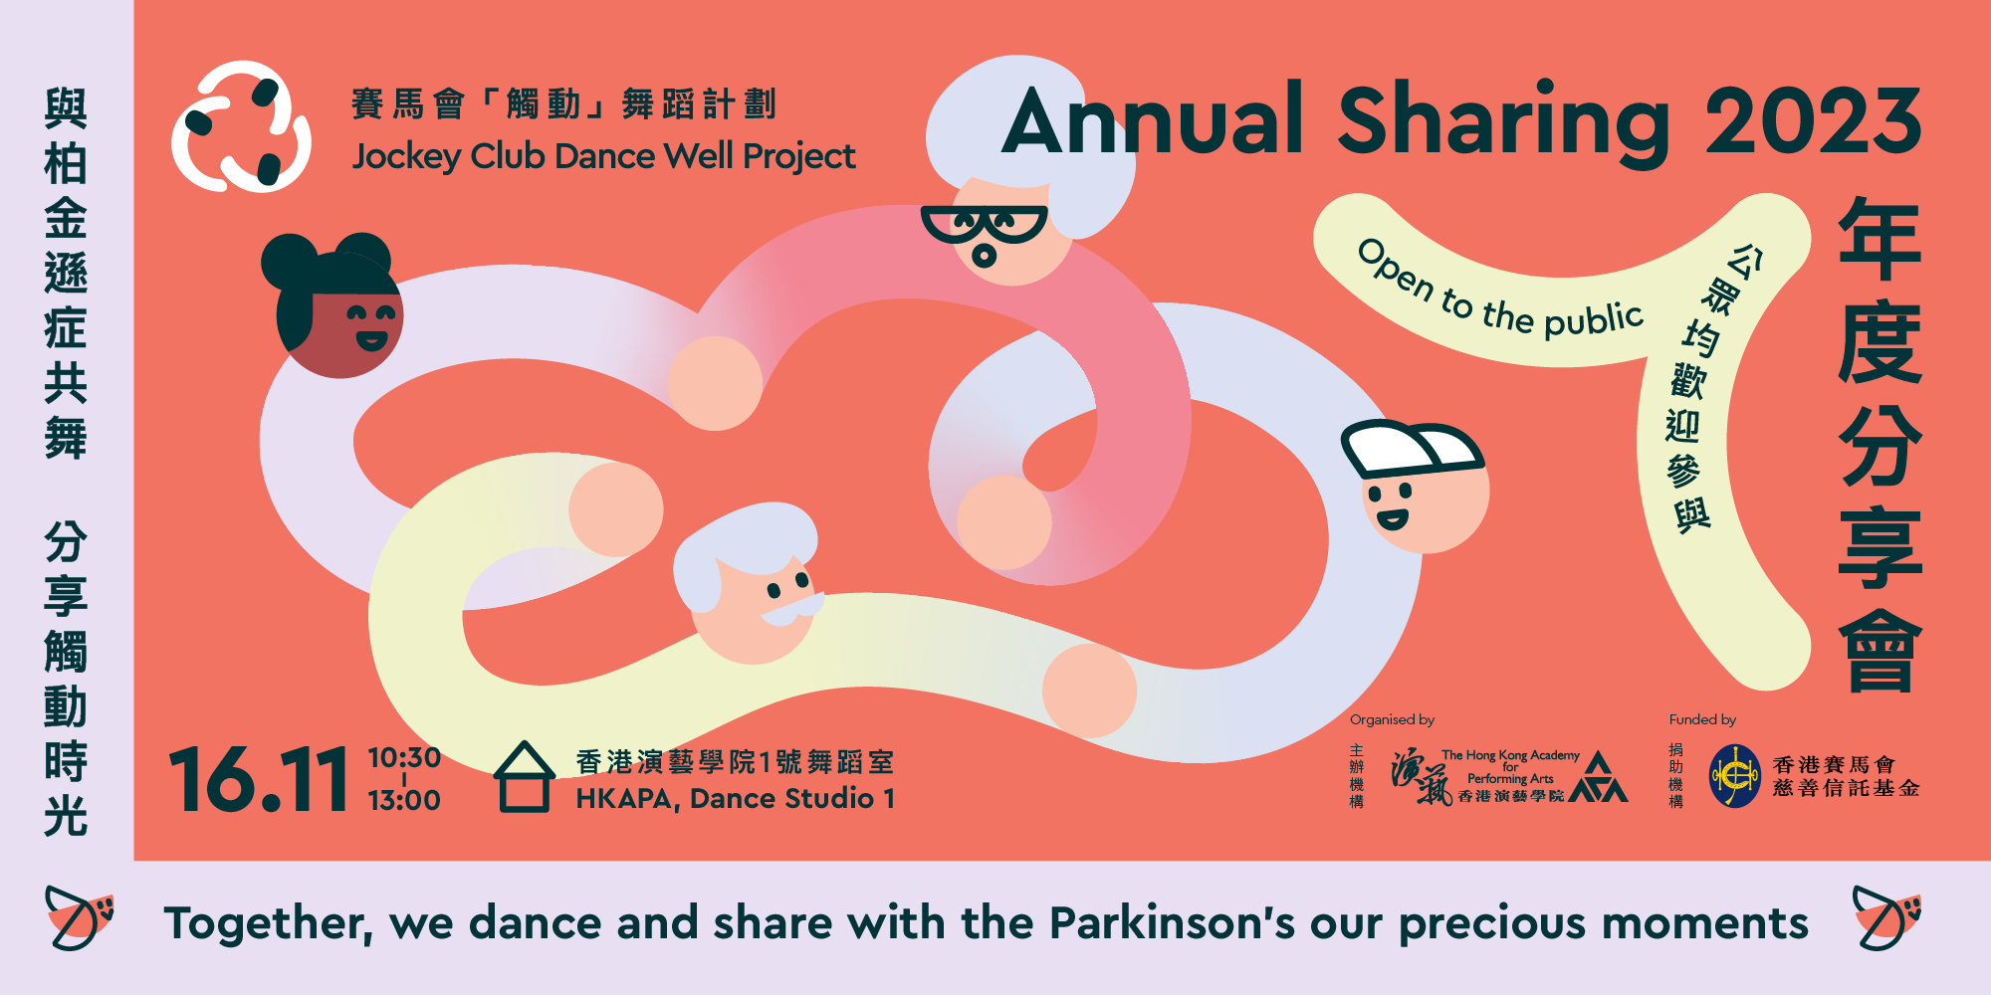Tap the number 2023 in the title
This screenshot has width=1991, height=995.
pos(1813,120)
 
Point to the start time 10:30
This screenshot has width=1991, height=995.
pos(404,758)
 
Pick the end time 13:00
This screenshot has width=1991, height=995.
pos(404,800)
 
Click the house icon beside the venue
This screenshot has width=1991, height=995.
pos(525,777)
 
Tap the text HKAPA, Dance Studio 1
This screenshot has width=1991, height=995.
pos(735,799)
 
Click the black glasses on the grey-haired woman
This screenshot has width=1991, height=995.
pos(984,226)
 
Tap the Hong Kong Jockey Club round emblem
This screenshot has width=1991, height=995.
pos(1735,776)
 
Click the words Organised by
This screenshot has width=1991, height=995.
pos(1392,719)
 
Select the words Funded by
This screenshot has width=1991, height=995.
pos(1702,719)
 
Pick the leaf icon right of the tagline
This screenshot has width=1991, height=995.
pos(1886,916)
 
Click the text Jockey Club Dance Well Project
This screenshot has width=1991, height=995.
pos(603,156)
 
